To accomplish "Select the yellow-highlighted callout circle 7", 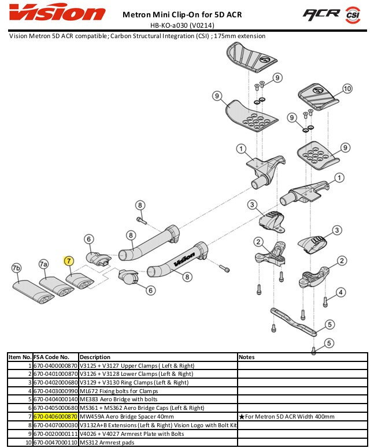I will (69, 262).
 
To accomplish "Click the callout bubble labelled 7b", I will (17, 268).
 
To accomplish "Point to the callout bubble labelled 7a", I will (43, 264).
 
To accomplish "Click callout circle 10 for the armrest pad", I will (347, 88).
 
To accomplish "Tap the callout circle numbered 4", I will (342, 292).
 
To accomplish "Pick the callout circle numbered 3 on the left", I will (252, 204).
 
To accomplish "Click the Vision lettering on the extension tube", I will (188, 255).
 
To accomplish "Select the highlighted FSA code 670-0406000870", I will (55, 416).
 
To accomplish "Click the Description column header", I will (94, 357).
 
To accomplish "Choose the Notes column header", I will (247, 357).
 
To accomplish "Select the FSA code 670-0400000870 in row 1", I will (55, 365).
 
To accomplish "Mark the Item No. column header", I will (20, 357).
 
